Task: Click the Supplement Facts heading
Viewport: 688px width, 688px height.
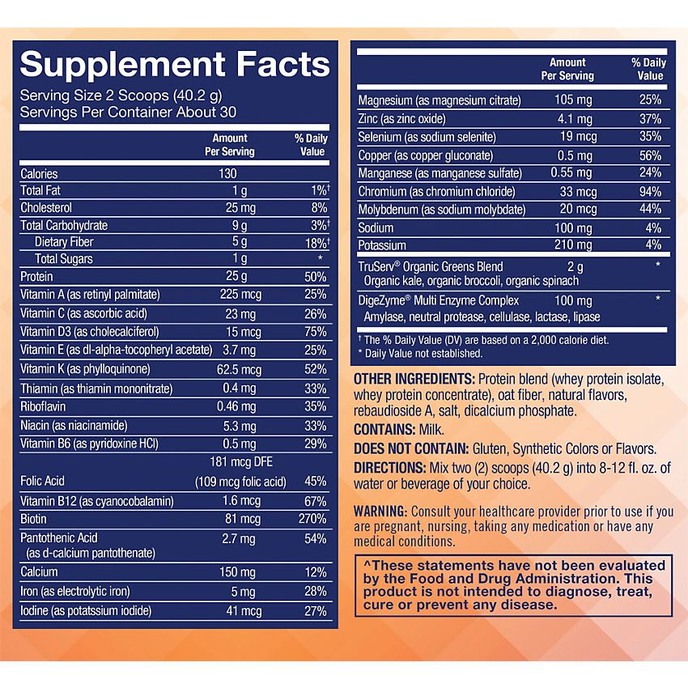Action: [175, 64]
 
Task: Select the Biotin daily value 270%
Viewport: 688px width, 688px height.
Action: [312, 519]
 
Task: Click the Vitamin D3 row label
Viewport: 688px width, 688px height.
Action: [89, 331]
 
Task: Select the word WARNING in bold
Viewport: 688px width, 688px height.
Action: [380, 512]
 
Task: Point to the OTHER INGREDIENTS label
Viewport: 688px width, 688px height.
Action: [414, 380]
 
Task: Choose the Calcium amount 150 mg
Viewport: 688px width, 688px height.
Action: [236, 573]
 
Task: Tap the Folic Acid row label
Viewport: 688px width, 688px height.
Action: [43, 481]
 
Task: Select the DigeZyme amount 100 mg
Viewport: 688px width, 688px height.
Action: [573, 300]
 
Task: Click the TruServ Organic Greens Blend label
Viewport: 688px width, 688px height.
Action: [431, 266]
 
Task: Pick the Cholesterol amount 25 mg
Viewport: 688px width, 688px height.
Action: [236, 208]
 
